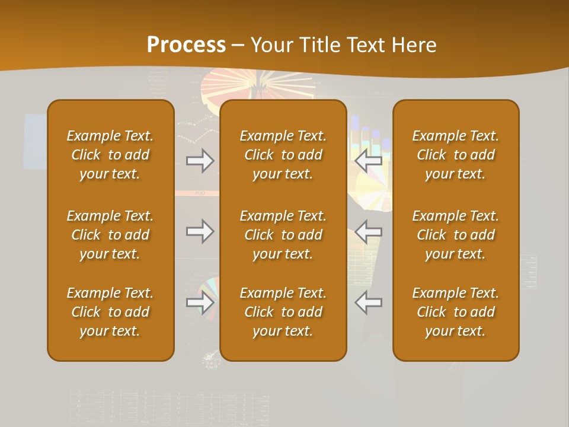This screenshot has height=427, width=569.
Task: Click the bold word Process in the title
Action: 186,45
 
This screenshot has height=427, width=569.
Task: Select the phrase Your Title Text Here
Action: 343,45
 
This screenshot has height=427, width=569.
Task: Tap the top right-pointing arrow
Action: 200,161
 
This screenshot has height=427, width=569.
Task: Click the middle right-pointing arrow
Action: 200,231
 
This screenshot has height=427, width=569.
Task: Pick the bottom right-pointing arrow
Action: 200,302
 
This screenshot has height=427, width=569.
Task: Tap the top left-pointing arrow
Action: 368,161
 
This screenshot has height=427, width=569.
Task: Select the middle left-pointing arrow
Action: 368,231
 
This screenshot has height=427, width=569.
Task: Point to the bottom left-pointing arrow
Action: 368,302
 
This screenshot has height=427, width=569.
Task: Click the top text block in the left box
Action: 110,155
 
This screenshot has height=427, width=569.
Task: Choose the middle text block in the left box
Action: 110,235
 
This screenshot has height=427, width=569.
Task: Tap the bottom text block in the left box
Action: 110,312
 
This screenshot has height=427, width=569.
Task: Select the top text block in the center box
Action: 283,155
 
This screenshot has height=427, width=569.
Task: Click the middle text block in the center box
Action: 283,235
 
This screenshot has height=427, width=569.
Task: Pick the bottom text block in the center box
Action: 283,312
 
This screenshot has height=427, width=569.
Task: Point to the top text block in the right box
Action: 455,155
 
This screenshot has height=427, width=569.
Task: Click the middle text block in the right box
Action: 455,235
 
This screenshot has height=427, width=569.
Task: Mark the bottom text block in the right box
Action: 455,312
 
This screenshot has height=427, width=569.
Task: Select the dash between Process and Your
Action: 238,46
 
